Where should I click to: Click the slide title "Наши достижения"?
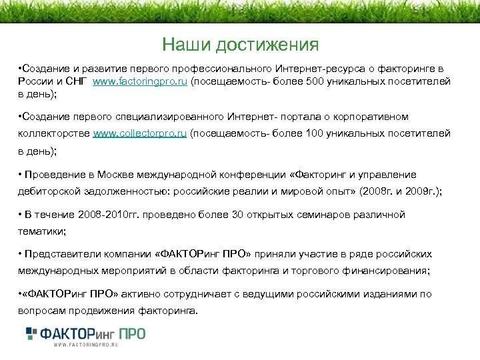(x=240, y=45)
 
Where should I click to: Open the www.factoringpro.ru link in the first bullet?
(x=141, y=81)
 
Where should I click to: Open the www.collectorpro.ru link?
(x=140, y=134)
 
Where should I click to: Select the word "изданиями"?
(x=390, y=295)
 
